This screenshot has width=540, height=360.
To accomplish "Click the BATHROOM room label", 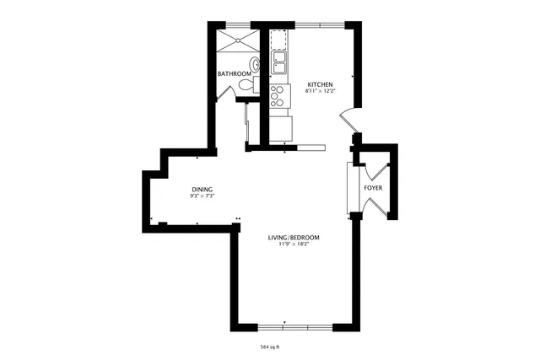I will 234,74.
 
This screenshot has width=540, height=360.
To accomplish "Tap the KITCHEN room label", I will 321,84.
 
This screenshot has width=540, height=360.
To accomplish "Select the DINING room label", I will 202,189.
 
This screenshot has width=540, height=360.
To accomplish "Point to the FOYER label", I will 373,187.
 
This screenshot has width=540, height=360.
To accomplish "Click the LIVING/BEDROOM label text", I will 294,238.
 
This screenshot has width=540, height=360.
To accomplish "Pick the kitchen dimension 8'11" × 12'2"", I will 321,91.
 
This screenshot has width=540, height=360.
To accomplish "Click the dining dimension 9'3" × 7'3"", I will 202,196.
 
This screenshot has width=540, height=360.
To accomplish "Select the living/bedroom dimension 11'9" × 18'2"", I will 294,244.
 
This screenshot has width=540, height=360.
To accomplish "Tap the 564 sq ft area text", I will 270,347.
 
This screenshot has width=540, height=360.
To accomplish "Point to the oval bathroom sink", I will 254,63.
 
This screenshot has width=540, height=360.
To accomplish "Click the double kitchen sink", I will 280,62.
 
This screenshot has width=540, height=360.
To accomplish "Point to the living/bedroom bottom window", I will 284,326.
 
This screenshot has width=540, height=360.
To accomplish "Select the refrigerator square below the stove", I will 280,126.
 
